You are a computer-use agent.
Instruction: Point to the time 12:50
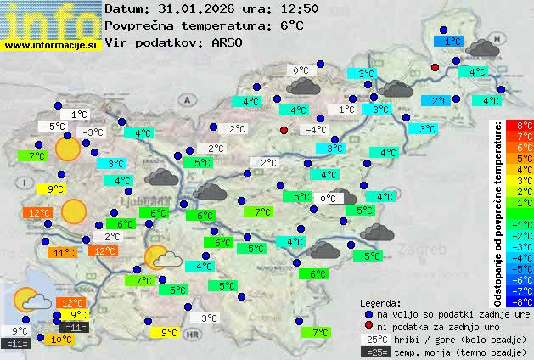click(294, 8)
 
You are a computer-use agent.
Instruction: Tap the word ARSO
click(229, 42)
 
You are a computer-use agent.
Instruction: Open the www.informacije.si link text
click(51, 45)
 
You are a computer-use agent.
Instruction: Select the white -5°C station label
click(54, 127)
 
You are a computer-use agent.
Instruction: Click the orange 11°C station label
click(64, 252)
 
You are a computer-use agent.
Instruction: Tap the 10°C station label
click(60, 340)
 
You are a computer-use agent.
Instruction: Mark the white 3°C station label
click(209, 318)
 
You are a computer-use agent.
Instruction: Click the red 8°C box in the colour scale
click(524, 126)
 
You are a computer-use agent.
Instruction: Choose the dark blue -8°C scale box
click(524, 301)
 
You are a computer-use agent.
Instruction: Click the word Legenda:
click(380, 303)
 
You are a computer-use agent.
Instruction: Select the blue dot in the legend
click(368, 313)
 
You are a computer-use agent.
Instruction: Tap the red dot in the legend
click(368, 326)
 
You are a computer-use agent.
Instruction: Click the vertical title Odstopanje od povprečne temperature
click(498, 212)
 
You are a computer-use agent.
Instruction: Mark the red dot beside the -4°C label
click(284, 130)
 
